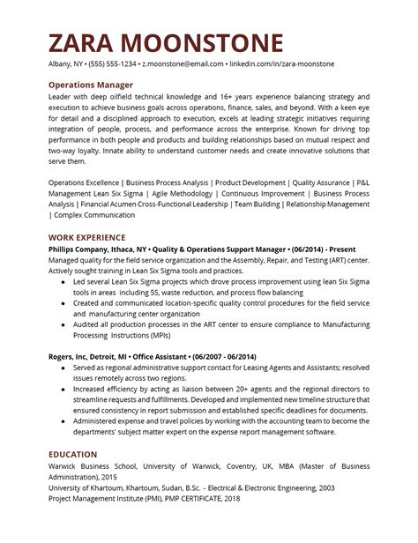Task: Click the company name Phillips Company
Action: click(82, 250)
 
